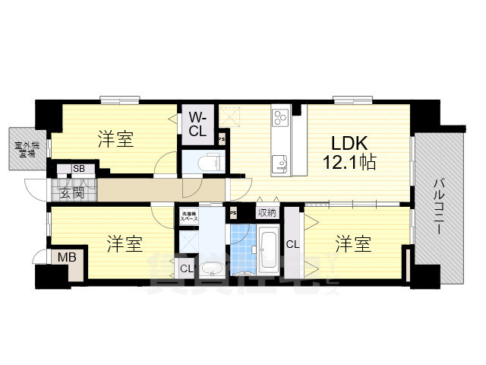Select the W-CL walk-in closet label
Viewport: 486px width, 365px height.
click(x=197, y=124)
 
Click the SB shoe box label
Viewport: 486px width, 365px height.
click(x=78, y=170)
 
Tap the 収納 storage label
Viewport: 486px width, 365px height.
click(x=267, y=213)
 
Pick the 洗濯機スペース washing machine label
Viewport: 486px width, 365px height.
click(x=189, y=215)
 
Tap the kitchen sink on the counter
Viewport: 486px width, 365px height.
click(x=279, y=162)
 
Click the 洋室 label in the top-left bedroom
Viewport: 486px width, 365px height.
click(x=115, y=140)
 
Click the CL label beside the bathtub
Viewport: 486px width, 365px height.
click(x=292, y=245)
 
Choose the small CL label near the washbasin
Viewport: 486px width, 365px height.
click(x=186, y=268)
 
